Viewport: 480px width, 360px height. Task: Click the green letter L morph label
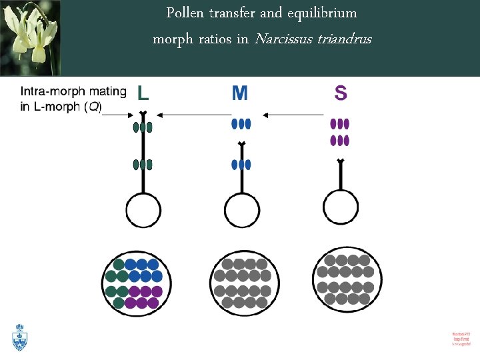(x=143, y=93)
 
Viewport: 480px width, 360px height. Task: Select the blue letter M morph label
(x=240, y=93)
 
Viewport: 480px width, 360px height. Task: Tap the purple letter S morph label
(x=341, y=93)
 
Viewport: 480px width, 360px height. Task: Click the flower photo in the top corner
(x=30, y=37)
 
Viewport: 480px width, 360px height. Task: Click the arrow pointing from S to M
(x=293, y=115)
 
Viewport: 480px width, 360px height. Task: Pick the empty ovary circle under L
(x=143, y=211)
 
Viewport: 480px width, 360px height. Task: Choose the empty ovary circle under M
(x=241, y=211)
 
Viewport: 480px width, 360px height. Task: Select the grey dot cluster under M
(x=245, y=283)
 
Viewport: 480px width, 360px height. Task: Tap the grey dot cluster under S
(x=347, y=279)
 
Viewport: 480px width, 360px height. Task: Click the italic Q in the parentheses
(x=93, y=107)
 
